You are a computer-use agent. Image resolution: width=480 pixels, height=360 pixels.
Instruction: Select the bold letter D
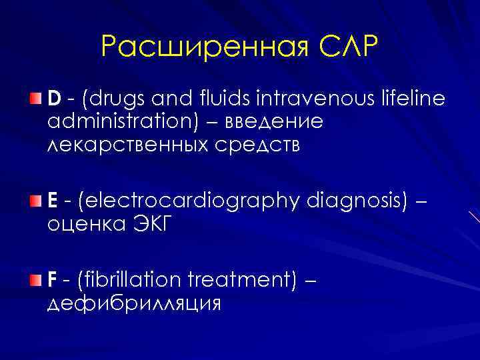[54, 100]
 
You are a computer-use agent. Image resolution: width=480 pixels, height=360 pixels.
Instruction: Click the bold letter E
[53, 201]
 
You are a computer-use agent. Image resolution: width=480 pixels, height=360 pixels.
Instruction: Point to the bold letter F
[52, 279]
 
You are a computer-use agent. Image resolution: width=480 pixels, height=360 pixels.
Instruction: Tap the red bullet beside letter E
[35, 201]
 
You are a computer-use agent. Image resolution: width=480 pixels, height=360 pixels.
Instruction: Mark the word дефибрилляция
[133, 303]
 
